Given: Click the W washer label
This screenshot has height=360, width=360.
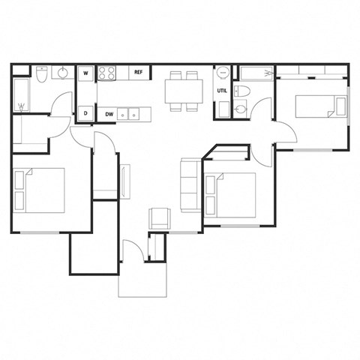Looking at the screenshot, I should (86, 73).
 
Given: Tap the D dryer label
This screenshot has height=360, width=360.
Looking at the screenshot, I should (86, 114).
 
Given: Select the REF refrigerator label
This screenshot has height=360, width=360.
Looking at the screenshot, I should (138, 73).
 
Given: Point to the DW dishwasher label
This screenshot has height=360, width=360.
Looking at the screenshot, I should (109, 115).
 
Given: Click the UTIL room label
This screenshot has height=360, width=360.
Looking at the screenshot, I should (222, 91).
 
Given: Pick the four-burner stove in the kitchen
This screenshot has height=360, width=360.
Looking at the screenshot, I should (107, 73).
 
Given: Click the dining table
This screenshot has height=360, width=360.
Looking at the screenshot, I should (183, 91).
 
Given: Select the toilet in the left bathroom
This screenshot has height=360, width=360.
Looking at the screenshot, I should (43, 75).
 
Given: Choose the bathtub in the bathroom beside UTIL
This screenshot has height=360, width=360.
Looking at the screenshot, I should (255, 72).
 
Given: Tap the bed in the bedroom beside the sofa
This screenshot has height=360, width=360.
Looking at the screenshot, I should (230, 196).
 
